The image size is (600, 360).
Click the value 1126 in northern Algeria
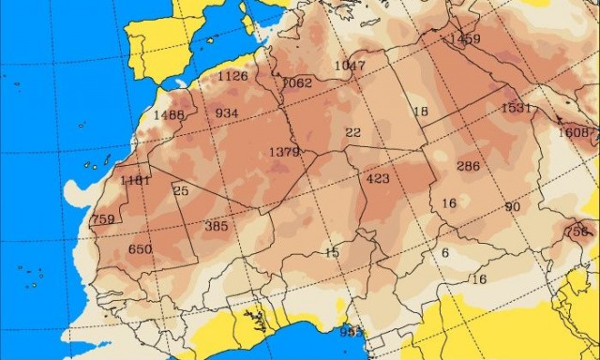click(x=232, y=77)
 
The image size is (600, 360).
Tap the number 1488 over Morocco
click(x=169, y=115)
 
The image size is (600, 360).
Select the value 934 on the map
click(x=227, y=113)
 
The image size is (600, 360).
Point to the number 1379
click(x=284, y=152)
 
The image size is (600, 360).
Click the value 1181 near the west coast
click(x=135, y=180)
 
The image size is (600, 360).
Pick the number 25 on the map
click(x=181, y=191)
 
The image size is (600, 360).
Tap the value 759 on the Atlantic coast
click(x=103, y=220)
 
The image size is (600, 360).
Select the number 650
click(x=140, y=249)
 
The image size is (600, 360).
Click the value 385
click(x=216, y=226)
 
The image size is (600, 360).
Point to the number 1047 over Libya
click(x=350, y=66)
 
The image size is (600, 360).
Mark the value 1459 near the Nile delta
click(x=465, y=39)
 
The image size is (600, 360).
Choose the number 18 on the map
click(x=420, y=112)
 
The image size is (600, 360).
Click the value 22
click(x=352, y=133)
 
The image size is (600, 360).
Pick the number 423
click(x=378, y=179)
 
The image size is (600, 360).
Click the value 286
click(x=468, y=167)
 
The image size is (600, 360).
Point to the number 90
click(x=512, y=207)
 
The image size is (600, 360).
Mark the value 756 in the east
click(x=577, y=232)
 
